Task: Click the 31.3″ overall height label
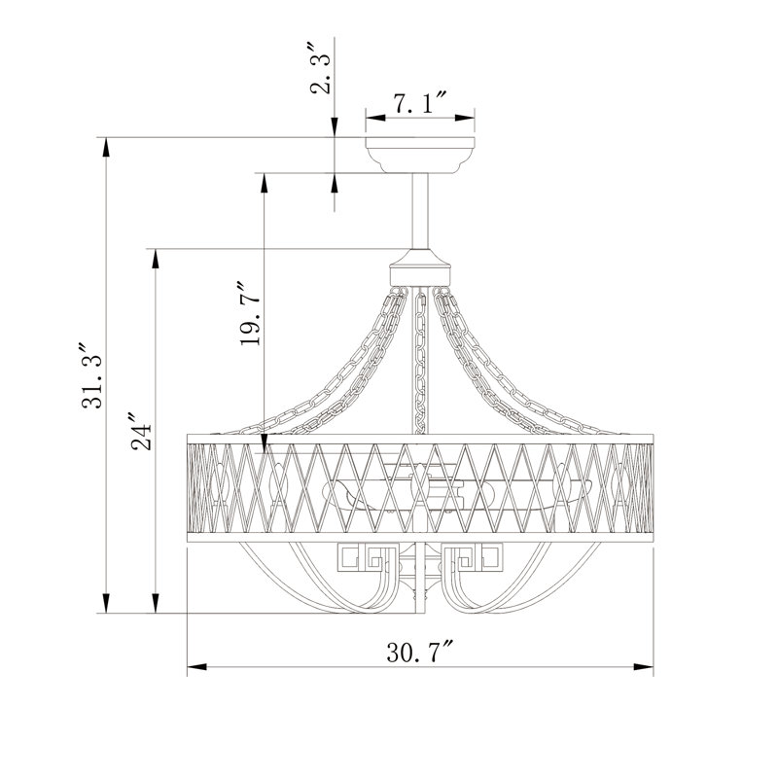pyautogui.click(x=91, y=375)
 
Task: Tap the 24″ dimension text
pyautogui.click(x=141, y=431)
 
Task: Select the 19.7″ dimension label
pyautogui.click(x=250, y=314)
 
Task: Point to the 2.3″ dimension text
pyautogui.click(x=320, y=68)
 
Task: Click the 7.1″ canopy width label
pyautogui.click(x=420, y=103)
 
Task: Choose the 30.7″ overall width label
pyautogui.click(x=420, y=652)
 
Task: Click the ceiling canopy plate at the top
pyautogui.click(x=420, y=155)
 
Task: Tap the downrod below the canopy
pyautogui.click(x=420, y=211)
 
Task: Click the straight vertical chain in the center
pyautogui.click(x=420, y=363)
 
